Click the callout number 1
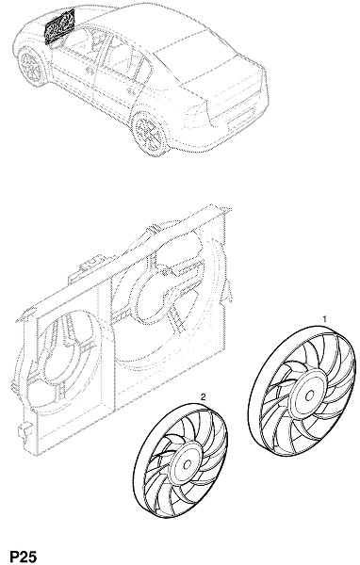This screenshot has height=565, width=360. click(x=324, y=319)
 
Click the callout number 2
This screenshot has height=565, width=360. click(x=204, y=397)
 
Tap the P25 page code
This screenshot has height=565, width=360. click(x=23, y=556)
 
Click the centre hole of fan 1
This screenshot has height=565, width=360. click(x=309, y=396)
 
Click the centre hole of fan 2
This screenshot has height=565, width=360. click(x=187, y=465)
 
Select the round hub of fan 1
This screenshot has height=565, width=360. click(x=308, y=395)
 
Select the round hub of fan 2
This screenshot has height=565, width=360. click(x=187, y=464)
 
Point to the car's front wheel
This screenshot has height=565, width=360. click(x=31, y=68)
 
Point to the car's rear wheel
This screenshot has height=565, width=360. click(x=150, y=131)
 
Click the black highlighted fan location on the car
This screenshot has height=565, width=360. click(x=59, y=26)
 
